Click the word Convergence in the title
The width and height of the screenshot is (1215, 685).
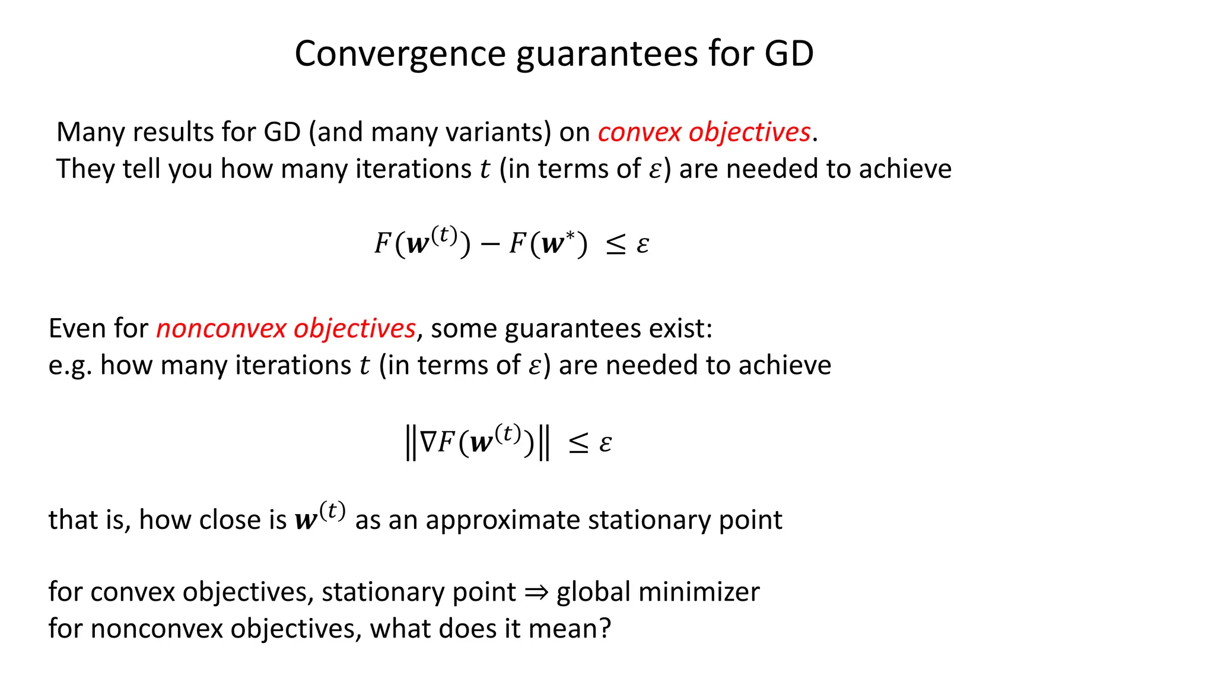399,55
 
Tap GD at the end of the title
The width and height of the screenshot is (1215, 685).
788,55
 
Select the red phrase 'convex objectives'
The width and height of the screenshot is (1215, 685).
704,132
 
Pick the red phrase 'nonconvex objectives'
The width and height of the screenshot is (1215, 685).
285,329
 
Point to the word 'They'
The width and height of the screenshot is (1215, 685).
84,169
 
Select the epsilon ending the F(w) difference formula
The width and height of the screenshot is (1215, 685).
642,245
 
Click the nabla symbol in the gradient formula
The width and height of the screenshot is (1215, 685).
428,442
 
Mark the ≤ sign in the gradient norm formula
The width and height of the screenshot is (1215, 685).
578,443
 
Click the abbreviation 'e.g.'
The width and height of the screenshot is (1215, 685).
70,366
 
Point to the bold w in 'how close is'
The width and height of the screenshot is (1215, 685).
306,521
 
